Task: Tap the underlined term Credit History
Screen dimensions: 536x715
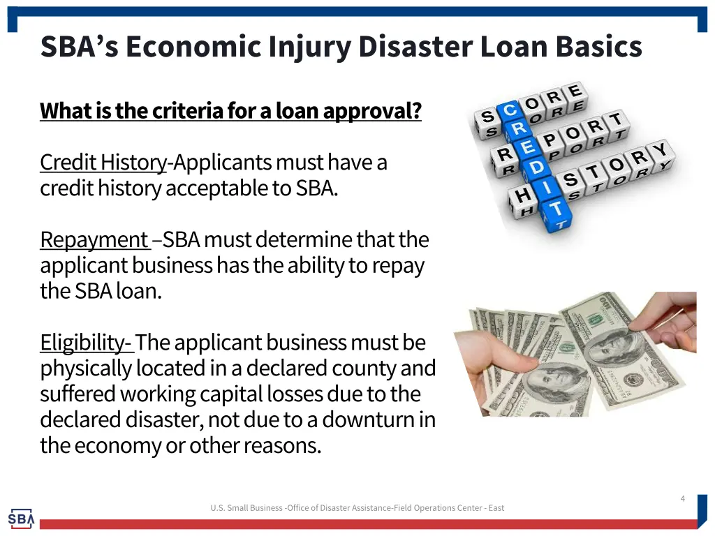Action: (103, 162)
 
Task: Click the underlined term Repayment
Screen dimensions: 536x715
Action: (94, 239)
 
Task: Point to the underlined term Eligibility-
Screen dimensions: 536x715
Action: (85, 343)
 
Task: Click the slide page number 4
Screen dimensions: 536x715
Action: (682, 498)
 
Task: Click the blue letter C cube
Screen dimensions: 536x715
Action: (510, 110)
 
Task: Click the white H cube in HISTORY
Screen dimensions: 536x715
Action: (522, 197)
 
